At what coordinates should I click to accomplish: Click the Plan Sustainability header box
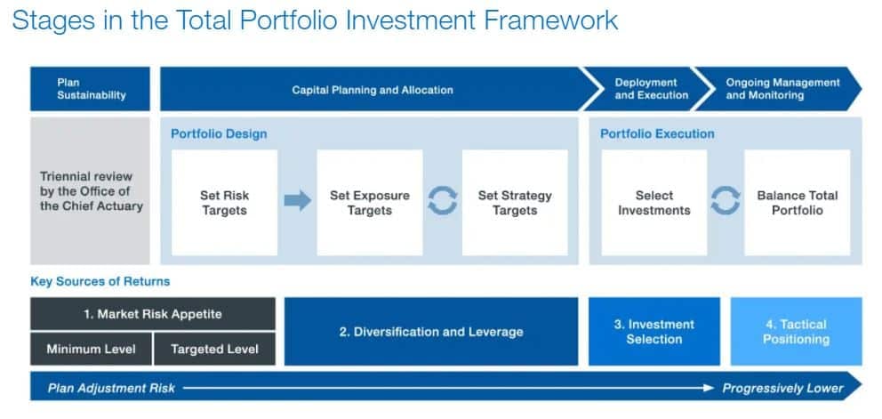pyautogui.click(x=90, y=89)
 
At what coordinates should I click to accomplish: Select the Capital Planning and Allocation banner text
pyautogui.click(x=373, y=90)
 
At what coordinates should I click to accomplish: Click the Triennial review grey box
pyautogui.click(x=90, y=191)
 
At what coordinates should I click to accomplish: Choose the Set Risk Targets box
pyautogui.click(x=224, y=203)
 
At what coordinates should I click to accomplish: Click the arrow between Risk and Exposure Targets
pyautogui.click(x=298, y=200)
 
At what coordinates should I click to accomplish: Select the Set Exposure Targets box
pyautogui.click(x=370, y=203)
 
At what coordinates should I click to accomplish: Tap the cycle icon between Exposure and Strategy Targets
pyautogui.click(x=443, y=201)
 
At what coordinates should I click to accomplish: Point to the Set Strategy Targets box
pyautogui.click(x=515, y=203)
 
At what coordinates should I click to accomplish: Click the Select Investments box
pyautogui.click(x=654, y=203)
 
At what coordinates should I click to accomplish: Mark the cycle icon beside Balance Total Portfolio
pyautogui.click(x=726, y=201)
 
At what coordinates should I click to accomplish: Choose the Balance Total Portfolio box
pyautogui.click(x=797, y=203)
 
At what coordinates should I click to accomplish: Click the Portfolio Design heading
pyautogui.click(x=219, y=134)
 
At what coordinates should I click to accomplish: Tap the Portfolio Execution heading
pyautogui.click(x=657, y=134)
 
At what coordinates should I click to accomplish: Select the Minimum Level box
pyautogui.click(x=91, y=349)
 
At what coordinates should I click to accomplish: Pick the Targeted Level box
pyautogui.click(x=214, y=349)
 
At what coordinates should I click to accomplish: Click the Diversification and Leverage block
pyautogui.click(x=431, y=332)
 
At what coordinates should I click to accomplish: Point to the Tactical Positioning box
pyautogui.click(x=796, y=332)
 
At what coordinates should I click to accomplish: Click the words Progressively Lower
pyautogui.click(x=783, y=388)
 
